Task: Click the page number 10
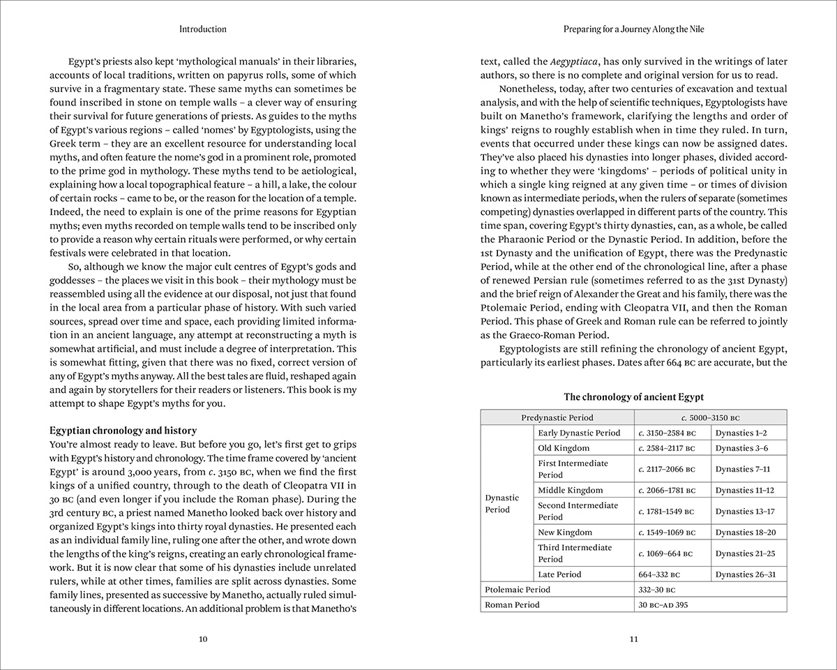(203, 639)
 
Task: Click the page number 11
(634, 639)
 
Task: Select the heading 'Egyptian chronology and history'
(123, 430)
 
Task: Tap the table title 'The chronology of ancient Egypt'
(634, 397)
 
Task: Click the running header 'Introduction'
(203, 29)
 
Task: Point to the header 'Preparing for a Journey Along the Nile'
(634, 29)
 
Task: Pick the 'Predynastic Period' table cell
(557, 417)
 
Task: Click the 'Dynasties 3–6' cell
(741, 448)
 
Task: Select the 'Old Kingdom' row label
(564, 448)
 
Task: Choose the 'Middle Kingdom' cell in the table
(570, 490)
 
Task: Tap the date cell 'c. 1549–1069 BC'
(667, 533)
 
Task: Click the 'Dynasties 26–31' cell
(746, 574)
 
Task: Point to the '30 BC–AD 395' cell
(663, 605)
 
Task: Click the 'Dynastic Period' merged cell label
(502, 503)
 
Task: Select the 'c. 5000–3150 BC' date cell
(709, 417)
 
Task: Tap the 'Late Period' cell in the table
(559, 574)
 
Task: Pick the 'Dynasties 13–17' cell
(745, 512)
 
